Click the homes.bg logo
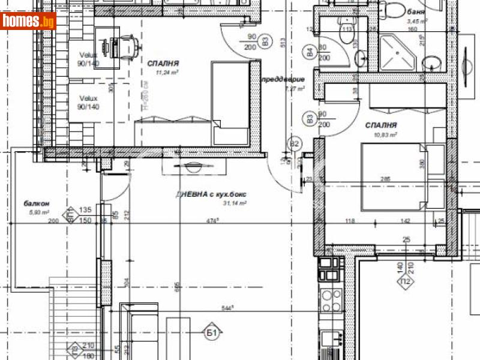point(28,22)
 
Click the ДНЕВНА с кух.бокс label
point(211,194)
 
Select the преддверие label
point(282,79)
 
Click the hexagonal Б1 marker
point(211,332)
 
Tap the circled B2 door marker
point(295,144)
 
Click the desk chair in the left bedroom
point(127,43)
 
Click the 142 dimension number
point(404,221)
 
